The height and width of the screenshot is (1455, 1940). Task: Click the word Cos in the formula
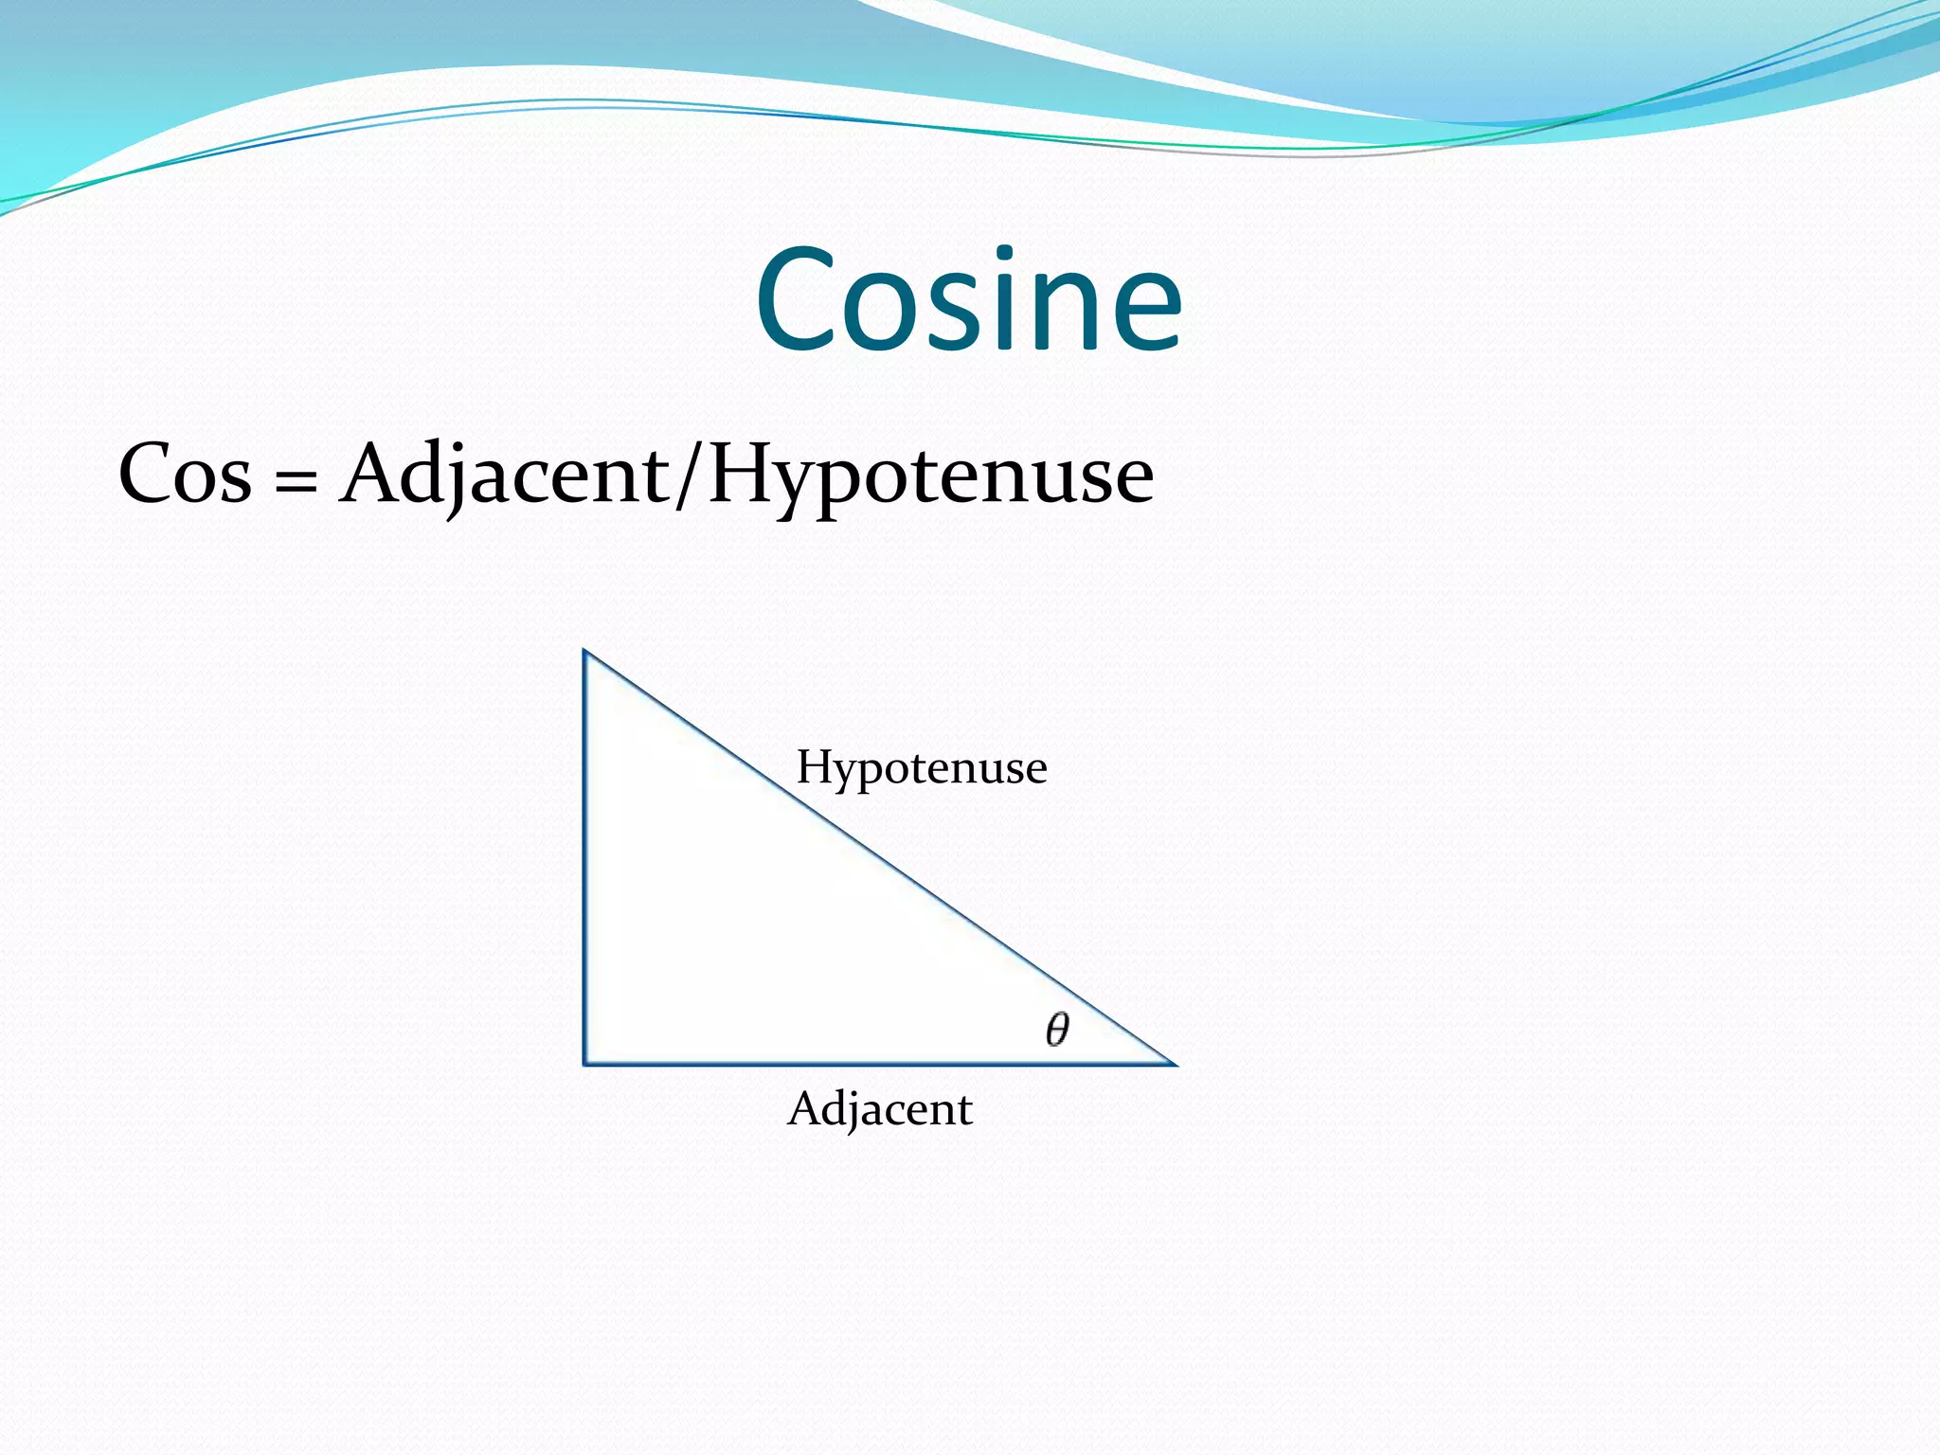[x=186, y=474]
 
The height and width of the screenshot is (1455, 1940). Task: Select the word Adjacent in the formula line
[x=505, y=474]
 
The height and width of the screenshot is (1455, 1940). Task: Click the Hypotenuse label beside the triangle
[x=922, y=767]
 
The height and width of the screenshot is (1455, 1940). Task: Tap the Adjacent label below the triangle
[x=880, y=1109]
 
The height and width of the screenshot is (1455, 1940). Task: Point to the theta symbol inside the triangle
[x=1057, y=1029]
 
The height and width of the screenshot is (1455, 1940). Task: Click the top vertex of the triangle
[x=584, y=652]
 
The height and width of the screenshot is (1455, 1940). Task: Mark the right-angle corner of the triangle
[x=585, y=1063]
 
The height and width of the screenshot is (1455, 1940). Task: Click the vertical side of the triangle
[x=584, y=853]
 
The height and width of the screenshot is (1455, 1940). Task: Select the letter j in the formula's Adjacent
[x=467, y=478]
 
